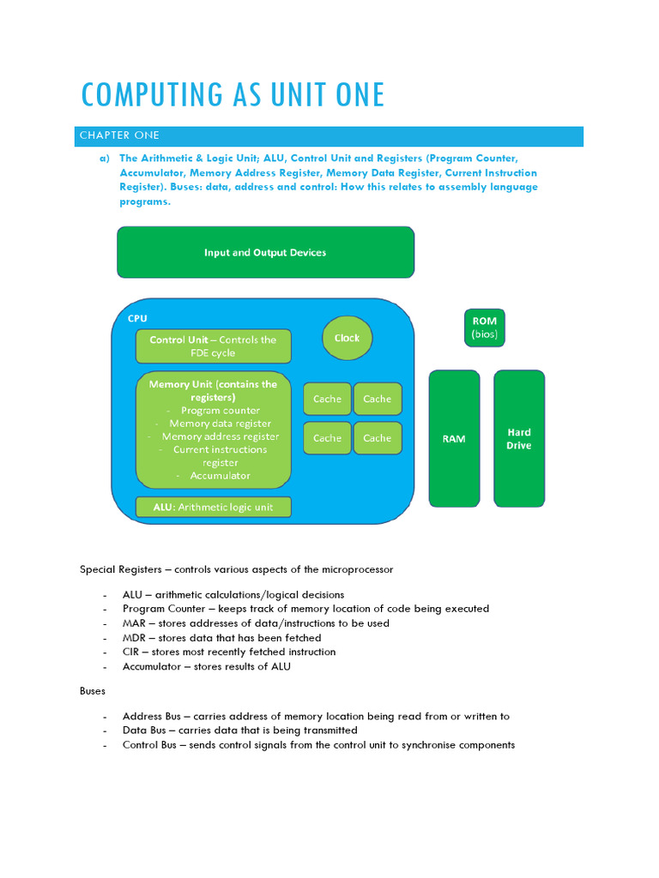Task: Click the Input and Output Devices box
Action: coord(265,252)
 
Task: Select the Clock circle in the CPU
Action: coord(347,338)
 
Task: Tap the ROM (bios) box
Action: coord(484,328)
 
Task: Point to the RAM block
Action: coord(454,438)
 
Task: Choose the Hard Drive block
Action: coord(518,438)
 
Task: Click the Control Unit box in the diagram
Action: coord(213,346)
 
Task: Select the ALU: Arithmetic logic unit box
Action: coord(213,507)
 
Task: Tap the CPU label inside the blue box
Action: coord(137,318)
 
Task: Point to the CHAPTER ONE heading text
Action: coord(119,135)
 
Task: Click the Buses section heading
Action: coord(93,689)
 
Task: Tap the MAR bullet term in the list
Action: coord(134,623)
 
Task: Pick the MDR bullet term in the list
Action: coord(135,638)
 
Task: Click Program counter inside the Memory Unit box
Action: coord(221,410)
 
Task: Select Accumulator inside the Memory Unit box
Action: coord(221,475)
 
